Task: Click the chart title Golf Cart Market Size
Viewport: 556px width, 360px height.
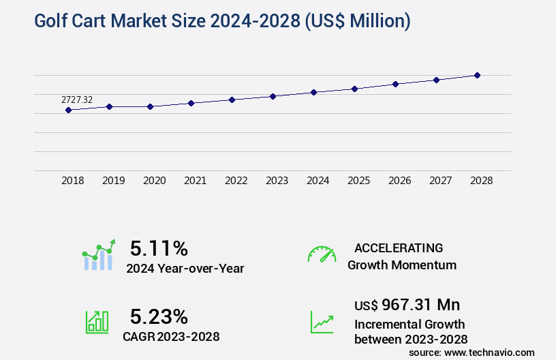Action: pos(222,22)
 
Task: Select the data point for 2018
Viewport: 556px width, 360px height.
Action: pos(68,110)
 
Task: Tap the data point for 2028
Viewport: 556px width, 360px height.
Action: pos(477,75)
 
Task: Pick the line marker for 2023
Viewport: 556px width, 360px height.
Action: pos(273,96)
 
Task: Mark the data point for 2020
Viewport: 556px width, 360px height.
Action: pos(150,106)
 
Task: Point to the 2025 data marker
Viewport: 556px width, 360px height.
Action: pos(354,89)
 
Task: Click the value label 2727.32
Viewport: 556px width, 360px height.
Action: pos(77,100)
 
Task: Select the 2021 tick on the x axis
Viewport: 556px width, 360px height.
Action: pos(195,181)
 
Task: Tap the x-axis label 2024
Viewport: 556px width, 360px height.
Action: pos(318,181)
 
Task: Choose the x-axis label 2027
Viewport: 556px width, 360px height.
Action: pos(440,181)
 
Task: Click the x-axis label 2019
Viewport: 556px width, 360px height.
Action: pos(113,181)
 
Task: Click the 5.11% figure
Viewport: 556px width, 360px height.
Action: pos(159,248)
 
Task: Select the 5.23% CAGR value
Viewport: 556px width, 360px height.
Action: pos(159,316)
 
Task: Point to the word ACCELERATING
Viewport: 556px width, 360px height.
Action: pos(399,248)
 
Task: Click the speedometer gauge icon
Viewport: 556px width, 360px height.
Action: pos(322,254)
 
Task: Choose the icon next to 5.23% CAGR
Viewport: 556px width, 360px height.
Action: pos(96,322)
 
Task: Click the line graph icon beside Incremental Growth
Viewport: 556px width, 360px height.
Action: pos(322,322)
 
